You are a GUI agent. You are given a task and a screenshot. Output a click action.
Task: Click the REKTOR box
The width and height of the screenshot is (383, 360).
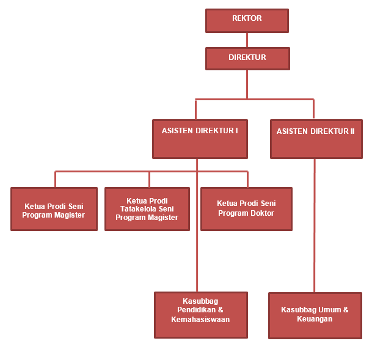click(247, 21)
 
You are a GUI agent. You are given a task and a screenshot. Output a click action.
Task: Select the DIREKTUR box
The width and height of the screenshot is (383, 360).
click(247, 59)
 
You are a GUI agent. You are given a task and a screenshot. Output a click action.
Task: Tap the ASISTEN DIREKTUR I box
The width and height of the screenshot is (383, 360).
click(200, 139)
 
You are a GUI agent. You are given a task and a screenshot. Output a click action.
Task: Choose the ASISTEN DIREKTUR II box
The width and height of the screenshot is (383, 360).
click(316, 139)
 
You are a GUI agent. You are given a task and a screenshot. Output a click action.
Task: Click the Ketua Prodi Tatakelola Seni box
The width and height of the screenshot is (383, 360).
click(147, 209)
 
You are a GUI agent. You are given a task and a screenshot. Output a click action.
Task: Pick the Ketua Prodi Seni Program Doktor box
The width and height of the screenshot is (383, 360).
click(246, 209)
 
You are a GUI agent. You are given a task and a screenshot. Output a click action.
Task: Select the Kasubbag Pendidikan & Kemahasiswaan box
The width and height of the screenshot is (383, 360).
click(200, 315)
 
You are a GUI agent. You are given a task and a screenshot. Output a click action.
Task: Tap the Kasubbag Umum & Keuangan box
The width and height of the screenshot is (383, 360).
click(315, 315)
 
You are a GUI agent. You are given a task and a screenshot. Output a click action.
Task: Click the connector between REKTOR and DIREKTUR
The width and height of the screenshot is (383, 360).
click(247, 40)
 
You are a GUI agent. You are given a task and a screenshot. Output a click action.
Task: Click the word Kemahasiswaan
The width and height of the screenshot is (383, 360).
click(200, 319)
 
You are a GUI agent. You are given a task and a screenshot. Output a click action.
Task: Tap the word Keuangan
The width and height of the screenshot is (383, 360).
click(315, 319)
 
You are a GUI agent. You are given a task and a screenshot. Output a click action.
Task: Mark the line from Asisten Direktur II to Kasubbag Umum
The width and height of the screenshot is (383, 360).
click(315, 226)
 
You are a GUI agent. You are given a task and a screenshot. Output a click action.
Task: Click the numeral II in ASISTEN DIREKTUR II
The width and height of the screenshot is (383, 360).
click(352, 131)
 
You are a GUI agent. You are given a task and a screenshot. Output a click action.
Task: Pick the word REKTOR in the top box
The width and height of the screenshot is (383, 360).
click(247, 18)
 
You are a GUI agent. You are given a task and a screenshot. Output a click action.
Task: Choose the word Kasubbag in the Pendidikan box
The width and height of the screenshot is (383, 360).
click(200, 301)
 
